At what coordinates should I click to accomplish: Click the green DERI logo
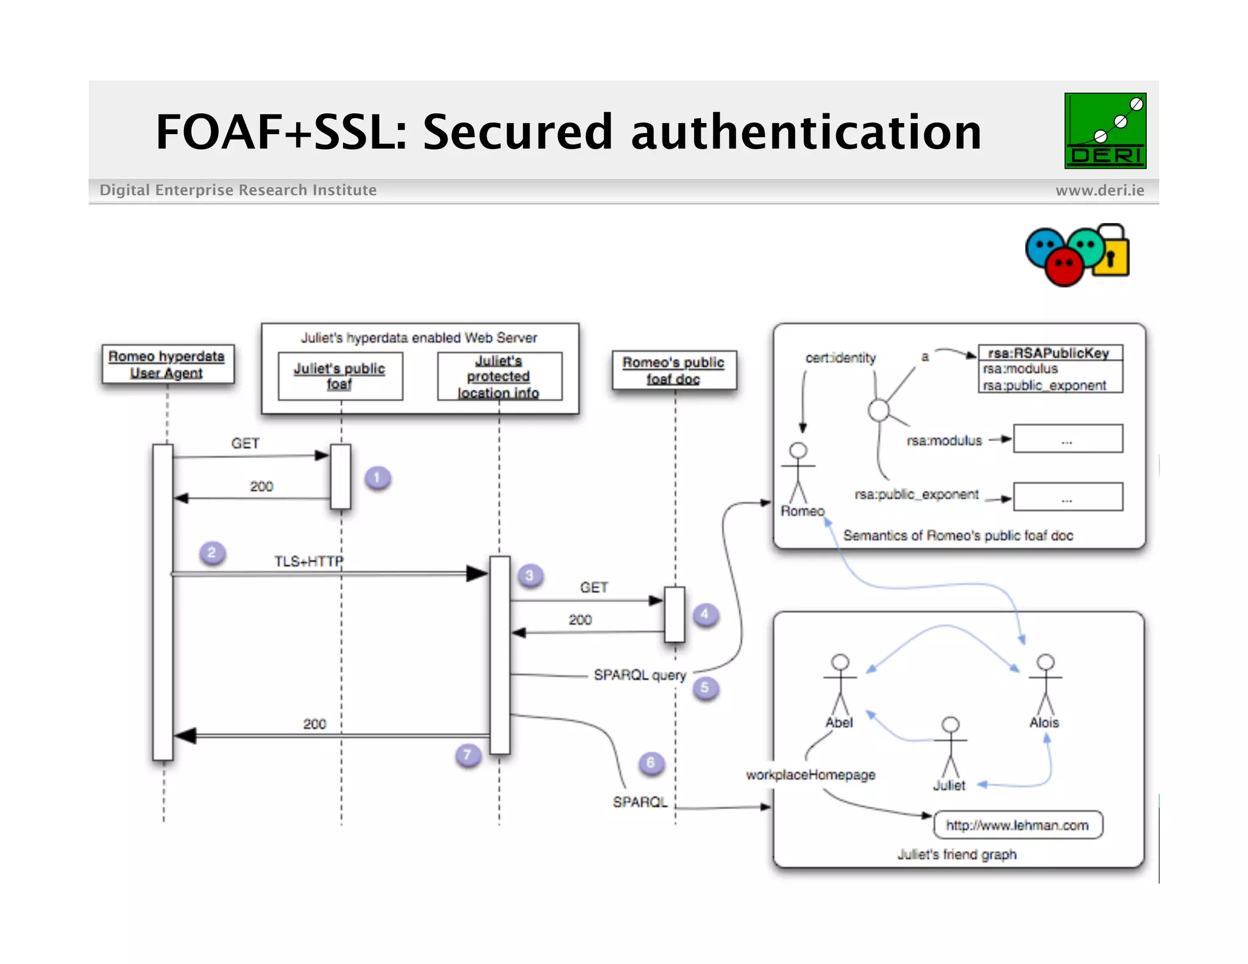tap(1105, 130)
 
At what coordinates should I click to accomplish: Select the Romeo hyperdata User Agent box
tap(167, 364)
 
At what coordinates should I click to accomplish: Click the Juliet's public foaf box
tap(340, 376)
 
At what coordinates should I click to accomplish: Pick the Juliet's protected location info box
tap(499, 377)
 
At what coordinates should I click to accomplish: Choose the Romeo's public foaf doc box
tap(673, 370)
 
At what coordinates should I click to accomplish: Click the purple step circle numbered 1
tap(377, 478)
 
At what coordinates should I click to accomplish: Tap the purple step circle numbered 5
tap(705, 688)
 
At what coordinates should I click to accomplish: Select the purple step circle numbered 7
tap(467, 755)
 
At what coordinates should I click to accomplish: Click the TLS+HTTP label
tap(308, 561)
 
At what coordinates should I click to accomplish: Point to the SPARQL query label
tap(639, 675)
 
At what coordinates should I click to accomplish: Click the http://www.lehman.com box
tap(1018, 825)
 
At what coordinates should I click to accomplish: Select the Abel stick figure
tap(840, 686)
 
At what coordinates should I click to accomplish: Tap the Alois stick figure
tap(1045, 686)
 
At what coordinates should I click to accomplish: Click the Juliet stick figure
tap(950, 748)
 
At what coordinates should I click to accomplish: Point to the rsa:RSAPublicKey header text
tap(1048, 353)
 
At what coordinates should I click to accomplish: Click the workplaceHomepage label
tap(810, 775)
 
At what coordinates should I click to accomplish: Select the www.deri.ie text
tap(1099, 191)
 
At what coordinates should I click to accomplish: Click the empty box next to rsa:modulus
tap(1068, 439)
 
